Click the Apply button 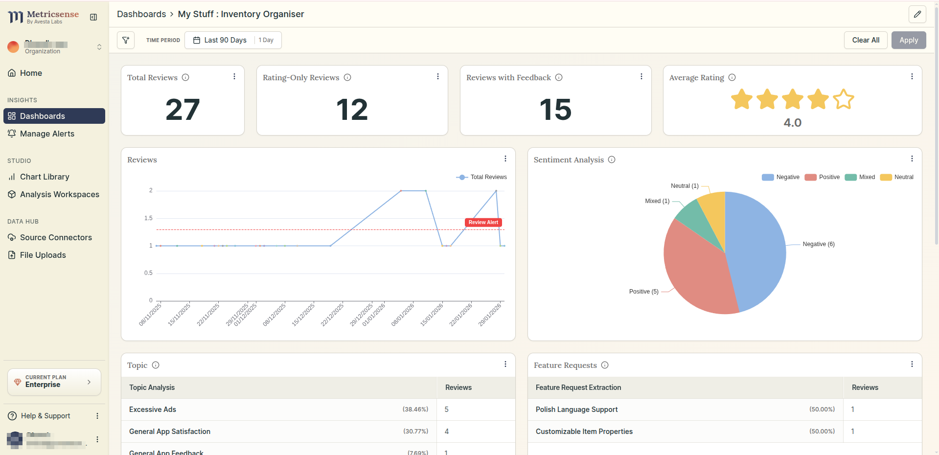[x=908, y=40]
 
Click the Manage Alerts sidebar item [x=47, y=134]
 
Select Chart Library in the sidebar [x=45, y=177]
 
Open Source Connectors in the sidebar [x=56, y=237]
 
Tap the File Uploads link [x=43, y=255]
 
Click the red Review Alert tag [x=483, y=223]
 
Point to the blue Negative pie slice [x=756, y=250]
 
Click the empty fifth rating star [x=843, y=99]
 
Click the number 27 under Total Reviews [x=183, y=110]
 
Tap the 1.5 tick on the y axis [x=148, y=218]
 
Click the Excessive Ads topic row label [x=153, y=409]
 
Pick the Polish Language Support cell [x=576, y=409]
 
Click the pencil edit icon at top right [x=917, y=14]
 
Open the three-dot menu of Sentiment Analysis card [x=912, y=159]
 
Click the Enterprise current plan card [x=54, y=382]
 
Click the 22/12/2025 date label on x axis [x=333, y=314]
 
